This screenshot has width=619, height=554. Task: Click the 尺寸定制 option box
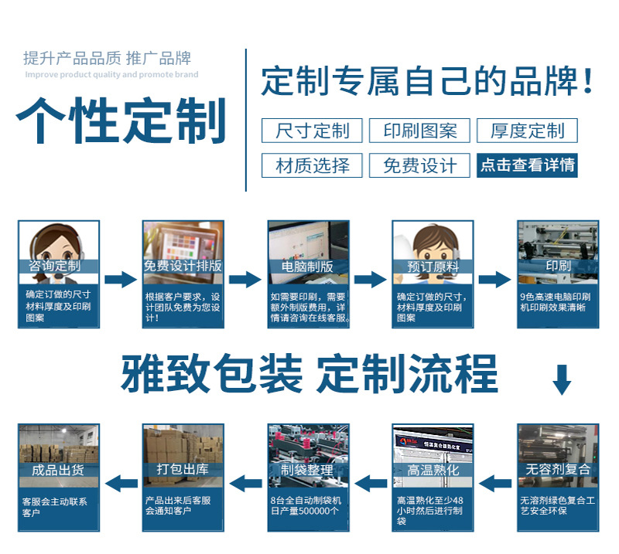pos(313,131)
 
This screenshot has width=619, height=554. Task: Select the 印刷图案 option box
pos(420,131)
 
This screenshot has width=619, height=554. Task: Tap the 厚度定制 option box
pos(527,131)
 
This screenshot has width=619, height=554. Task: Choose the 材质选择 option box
pos(313,165)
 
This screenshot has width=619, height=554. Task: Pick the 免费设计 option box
pos(420,165)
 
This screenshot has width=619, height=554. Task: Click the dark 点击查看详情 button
pos(527,165)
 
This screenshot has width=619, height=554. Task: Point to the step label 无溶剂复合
pos(558,470)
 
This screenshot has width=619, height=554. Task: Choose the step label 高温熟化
pos(433,470)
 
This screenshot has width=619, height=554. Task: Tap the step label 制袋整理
pos(308,470)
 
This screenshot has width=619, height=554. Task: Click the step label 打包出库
pos(183,470)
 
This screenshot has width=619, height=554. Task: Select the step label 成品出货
pos(59,470)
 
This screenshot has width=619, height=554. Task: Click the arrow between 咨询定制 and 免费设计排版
pos(121,280)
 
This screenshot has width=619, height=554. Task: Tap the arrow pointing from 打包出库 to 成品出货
pos(121,484)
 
